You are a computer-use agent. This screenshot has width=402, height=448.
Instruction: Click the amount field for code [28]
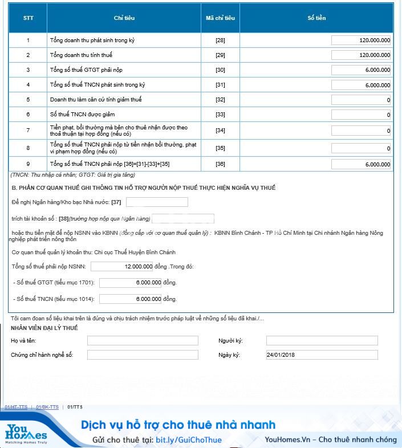click(x=361, y=40)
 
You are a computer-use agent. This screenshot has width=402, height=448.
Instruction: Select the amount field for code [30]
click(x=361, y=70)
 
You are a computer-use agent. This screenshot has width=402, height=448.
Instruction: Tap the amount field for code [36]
click(x=361, y=164)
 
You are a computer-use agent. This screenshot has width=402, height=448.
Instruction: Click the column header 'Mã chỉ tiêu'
click(x=220, y=18)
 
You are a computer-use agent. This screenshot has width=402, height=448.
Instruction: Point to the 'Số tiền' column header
click(x=316, y=18)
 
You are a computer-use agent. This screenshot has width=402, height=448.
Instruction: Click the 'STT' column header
click(x=28, y=18)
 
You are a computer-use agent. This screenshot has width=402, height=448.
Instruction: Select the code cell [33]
click(x=220, y=115)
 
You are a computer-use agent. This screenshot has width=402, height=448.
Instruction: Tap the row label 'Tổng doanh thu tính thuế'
click(x=81, y=55)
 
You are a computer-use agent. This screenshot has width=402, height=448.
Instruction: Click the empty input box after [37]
click(x=157, y=202)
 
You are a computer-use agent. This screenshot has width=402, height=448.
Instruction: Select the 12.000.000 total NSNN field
click(x=122, y=266)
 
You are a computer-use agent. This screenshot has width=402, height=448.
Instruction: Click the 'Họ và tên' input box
click(x=143, y=341)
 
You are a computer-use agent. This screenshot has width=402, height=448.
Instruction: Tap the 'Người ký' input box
click(x=322, y=341)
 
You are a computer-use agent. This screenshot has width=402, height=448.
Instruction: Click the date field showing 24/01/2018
click(x=322, y=355)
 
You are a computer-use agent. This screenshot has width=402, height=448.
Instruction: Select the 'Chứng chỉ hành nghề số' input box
click(x=143, y=355)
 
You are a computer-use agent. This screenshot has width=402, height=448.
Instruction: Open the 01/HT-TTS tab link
click(x=16, y=407)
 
